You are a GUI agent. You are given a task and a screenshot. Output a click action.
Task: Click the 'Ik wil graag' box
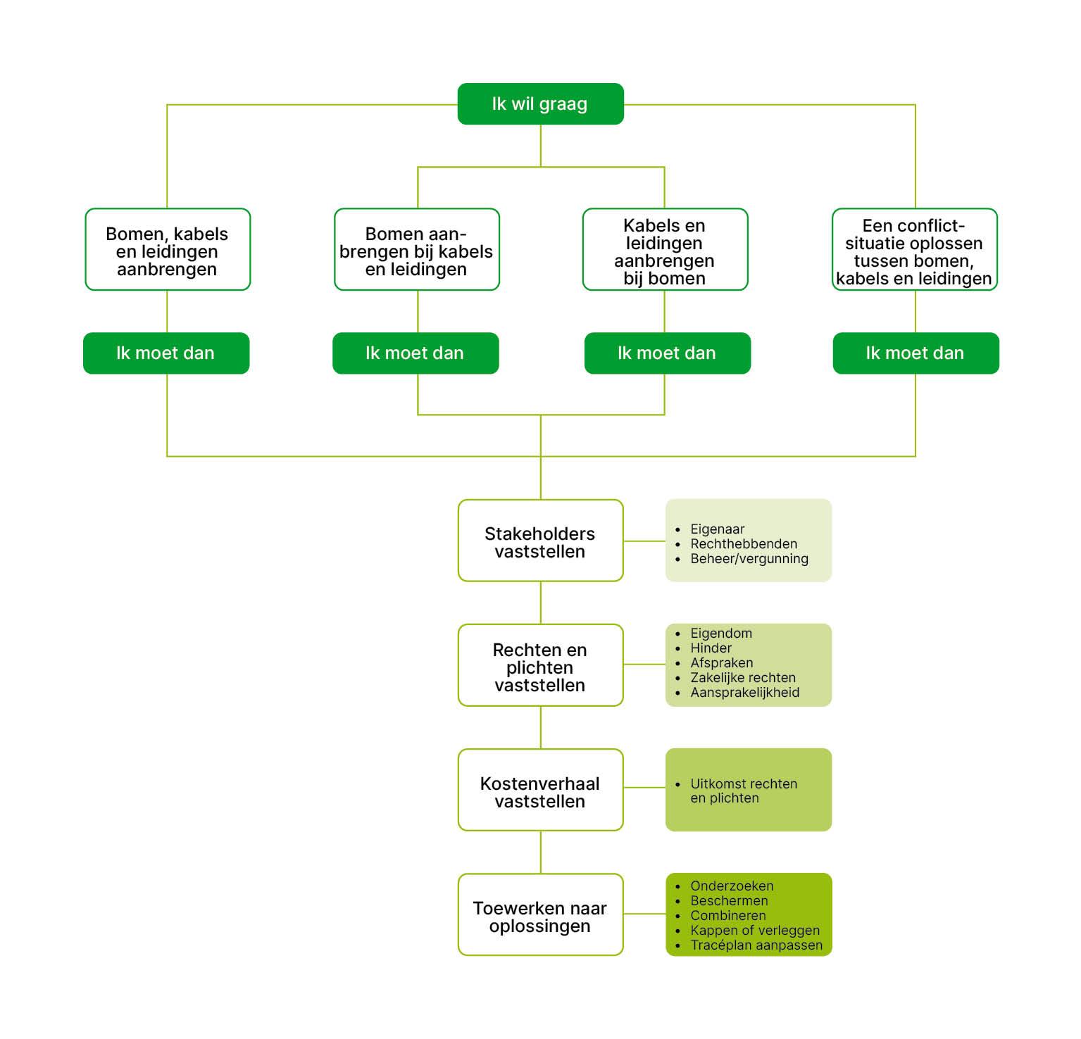pyautogui.click(x=540, y=104)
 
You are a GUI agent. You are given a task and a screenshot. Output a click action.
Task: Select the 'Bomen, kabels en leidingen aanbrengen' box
pyautogui.click(x=168, y=250)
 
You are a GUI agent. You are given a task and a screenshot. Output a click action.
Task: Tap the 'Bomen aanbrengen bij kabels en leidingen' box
pyautogui.click(x=416, y=250)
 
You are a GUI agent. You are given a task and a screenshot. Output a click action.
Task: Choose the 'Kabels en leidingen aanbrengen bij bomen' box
pyautogui.click(x=665, y=250)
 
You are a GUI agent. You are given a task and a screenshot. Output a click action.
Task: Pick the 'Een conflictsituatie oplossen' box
pyautogui.click(x=914, y=250)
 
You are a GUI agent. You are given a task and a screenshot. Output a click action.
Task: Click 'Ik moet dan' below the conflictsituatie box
pyautogui.click(x=916, y=353)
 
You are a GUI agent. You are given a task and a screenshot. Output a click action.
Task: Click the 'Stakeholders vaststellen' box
pyautogui.click(x=540, y=541)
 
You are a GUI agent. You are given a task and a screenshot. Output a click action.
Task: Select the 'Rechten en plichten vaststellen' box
pyautogui.click(x=540, y=666)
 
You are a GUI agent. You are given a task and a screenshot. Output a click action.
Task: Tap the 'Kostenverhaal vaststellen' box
pyautogui.click(x=540, y=791)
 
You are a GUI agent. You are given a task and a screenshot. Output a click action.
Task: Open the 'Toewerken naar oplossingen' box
pyautogui.click(x=540, y=915)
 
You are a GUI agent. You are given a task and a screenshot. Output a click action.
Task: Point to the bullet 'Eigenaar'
pyautogui.click(x=717, y=529)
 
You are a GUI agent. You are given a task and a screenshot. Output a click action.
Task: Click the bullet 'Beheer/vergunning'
pyautogui.click(x=749, y=559)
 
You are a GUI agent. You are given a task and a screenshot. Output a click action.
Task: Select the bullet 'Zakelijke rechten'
pyautogui.click(x=742, y=678)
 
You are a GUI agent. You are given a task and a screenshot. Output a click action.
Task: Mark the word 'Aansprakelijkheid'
pyautogui.click(x=744, y=693)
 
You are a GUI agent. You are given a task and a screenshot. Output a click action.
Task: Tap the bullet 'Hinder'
pyautogui.click(x=711, y=648)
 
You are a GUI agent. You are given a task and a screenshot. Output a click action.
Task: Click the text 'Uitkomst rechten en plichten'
pyautogui.click(x=743, y=791)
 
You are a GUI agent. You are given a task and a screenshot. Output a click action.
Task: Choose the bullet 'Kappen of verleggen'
pyautogui.click(x=754, y=931)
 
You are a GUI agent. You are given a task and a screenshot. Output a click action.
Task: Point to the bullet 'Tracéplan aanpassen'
pyautogui.click(x=756, y=945)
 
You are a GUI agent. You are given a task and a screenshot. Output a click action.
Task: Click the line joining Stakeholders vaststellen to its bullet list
pyautogui.click(x=644, y=541)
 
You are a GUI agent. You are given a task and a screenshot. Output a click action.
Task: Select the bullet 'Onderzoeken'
pyautogui.click(x=731, y=886)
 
